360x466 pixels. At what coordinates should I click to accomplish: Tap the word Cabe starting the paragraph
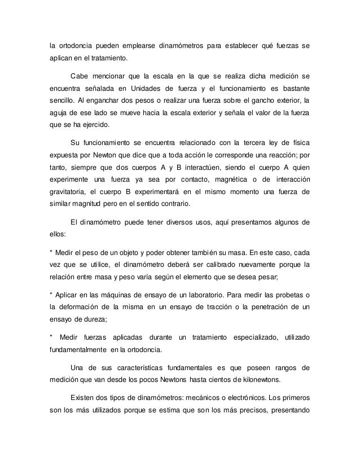[81, 77]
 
